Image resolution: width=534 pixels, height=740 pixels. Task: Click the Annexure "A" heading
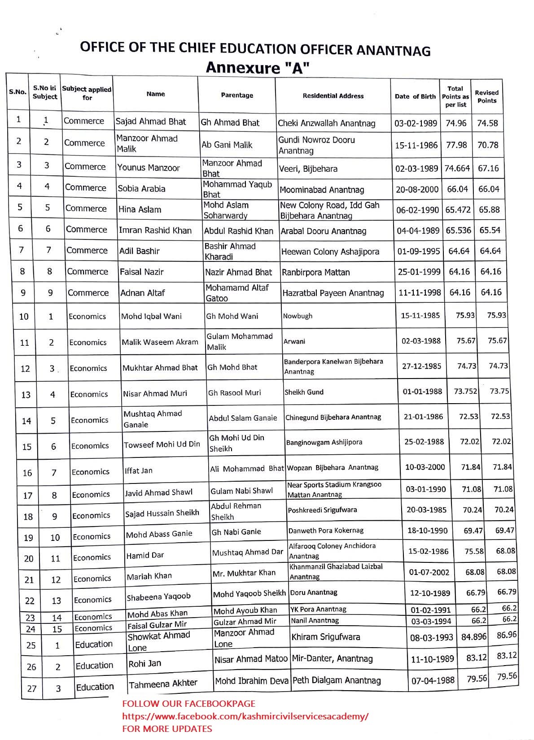pyautogui.click(x=258, y=68)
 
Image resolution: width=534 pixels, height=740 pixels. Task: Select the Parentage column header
pyautogui.click(x=237, y=95)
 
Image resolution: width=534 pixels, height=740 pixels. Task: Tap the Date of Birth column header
pyautogui.click(x=415, y=96)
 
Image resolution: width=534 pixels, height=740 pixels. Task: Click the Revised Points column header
pyautogui.click(x=486, y=96)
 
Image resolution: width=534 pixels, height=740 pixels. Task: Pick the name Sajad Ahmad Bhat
pyautogui.click(x=151, y=122)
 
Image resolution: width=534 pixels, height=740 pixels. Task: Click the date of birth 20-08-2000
pyautogui.click(x=417, y=189)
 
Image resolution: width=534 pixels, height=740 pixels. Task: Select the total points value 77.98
pyautogui.click(x=456, y=145)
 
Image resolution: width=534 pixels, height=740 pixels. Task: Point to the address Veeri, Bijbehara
pyautogui.click(x=308, y=169)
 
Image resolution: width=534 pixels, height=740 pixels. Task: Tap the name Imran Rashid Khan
pyautogui.click(x=155, y=231)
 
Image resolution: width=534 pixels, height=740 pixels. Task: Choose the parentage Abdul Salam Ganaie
pyautogui.click(x=243, y=418)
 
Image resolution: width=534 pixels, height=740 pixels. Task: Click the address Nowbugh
pyautogui.click(x=298, y=316)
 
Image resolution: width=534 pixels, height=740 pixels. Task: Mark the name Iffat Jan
pyautogui.click(x=139, y=470)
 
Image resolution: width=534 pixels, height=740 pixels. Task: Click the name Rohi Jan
pyautogui.click(x=144, y=663)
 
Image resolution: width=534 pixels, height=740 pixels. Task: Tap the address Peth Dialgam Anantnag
pyautogui.click(x=336, y=680)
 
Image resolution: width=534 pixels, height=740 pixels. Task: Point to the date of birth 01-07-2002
pyautogui.click(x=429, y=572)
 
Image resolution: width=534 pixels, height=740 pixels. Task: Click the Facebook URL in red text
pyautogui.click(x=245, y=716)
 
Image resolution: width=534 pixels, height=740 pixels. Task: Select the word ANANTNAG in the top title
pyautogui.click(x=393, y=50)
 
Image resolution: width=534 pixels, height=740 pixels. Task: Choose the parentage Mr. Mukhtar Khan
pyautogui.click(x=244, y=573)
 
